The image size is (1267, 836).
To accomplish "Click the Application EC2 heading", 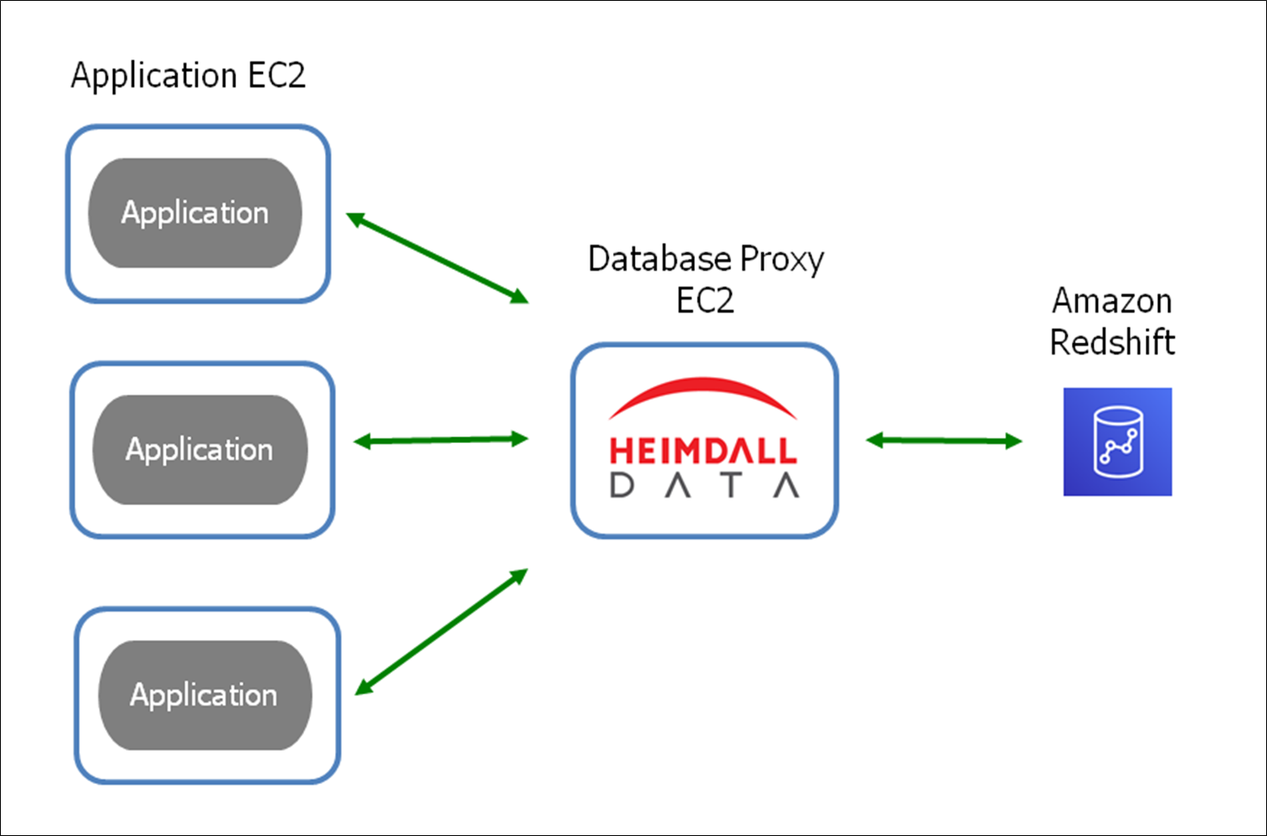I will point(188,75).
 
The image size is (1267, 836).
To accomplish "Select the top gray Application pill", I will point(195,213).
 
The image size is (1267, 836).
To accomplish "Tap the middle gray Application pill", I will point(199,450).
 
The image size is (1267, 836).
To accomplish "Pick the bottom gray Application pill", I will point(204,695).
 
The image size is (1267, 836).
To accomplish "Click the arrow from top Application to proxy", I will point(437,258).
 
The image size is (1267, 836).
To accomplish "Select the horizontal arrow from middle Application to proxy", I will point(440,440).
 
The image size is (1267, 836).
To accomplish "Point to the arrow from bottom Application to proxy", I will point(441,632).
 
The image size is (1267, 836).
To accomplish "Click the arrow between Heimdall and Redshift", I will point(944,441).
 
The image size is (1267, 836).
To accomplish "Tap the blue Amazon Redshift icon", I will point(1117,441).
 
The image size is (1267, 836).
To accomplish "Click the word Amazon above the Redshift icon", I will point(1112,301).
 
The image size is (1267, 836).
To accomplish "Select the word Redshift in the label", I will point(1112,343).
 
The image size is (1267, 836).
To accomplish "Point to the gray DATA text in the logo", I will point(704,485).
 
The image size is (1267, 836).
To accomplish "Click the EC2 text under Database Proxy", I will point(705,301).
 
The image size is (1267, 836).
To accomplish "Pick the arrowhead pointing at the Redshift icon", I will point(1014,441).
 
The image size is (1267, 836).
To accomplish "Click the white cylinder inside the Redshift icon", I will point(1118,441).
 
